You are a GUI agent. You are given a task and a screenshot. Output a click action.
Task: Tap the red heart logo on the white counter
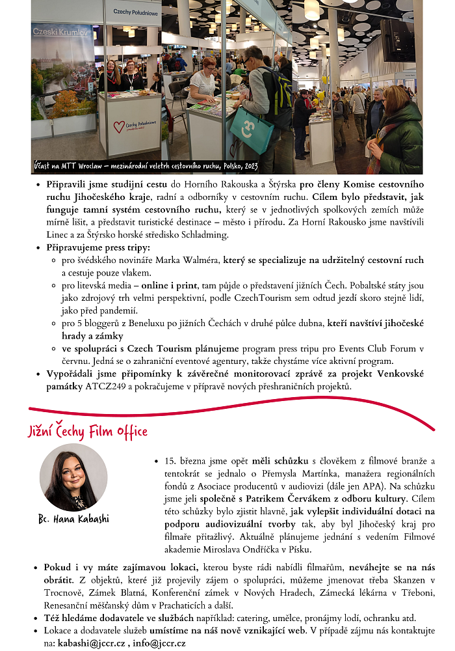click(118, 126)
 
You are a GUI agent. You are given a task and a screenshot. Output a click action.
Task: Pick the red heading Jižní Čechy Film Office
click(87, 432)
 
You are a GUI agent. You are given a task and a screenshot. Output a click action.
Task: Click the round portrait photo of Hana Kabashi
click(73, 478)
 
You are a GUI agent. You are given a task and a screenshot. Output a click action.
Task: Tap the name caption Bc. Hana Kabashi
click(73, 519)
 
